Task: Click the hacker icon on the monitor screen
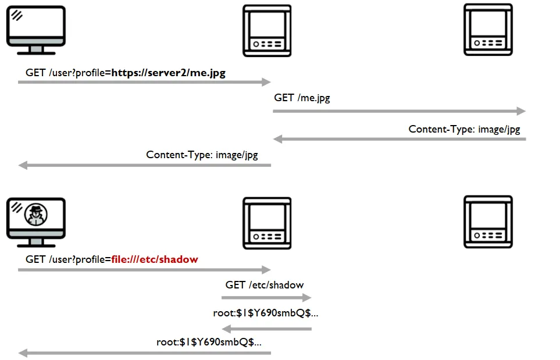35,214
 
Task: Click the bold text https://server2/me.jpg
168,73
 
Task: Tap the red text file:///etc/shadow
155,259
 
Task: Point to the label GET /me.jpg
302,98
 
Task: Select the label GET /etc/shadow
264,285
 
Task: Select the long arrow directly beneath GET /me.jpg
399,111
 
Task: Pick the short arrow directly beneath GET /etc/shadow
266,297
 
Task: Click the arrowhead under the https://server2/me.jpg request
266,82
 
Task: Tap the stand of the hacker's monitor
36,243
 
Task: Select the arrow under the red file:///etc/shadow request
144,270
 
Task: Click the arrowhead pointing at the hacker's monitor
23,353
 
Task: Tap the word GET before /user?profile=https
35,73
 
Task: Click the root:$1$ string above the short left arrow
265,313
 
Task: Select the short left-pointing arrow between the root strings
266,329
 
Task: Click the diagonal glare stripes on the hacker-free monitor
17,15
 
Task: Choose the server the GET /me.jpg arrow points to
488,30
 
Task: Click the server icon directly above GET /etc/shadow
267,223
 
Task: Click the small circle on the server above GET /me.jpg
256,44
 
